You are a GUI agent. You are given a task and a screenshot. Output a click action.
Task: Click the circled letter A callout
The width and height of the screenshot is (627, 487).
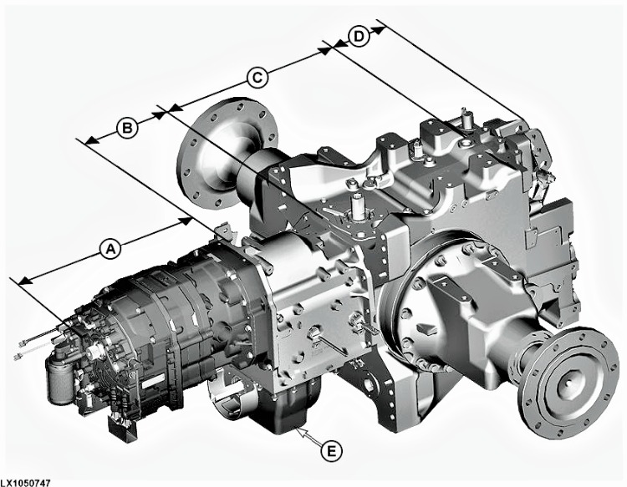(107, 247)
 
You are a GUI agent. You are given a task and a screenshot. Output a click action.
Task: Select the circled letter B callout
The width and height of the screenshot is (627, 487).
(125, 128)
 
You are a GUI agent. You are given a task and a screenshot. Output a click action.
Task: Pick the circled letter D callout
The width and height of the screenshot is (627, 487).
(358, 38)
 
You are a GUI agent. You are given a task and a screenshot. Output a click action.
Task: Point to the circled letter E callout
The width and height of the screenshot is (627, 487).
(332, 451)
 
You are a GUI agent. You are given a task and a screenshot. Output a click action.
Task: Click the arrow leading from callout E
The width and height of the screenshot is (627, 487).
(308, 437)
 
